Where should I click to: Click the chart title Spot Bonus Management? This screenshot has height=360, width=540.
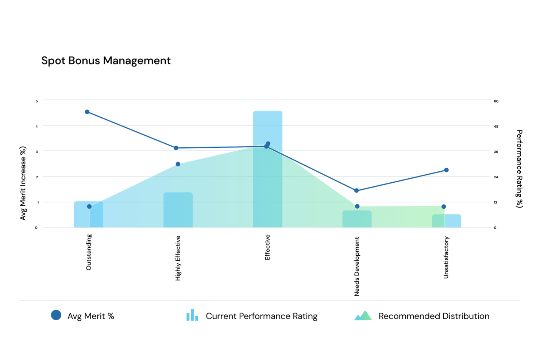click(x=106, y=61)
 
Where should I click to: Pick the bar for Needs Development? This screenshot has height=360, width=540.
click(x=357, y=219)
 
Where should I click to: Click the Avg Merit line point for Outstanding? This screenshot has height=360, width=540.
click(x=87, y=112)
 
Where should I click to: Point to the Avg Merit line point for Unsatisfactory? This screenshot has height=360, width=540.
click(x=446, y=170)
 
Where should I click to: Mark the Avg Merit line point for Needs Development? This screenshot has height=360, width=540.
click(x=356, y=190)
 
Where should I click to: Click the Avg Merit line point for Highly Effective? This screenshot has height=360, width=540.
click(x=176, y=148)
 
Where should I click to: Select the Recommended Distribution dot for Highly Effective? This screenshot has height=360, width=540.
click(x=178, y=164)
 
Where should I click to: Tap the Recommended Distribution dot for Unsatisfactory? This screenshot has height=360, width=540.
click(x=444, y=207)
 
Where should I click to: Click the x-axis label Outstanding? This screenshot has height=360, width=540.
click(x=89, y=252)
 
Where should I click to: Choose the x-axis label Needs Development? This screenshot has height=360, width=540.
click(x=357, y=266)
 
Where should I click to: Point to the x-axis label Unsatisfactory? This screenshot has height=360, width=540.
click(x=446, y=258)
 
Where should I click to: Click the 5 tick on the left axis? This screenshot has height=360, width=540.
click(x=36, y=101)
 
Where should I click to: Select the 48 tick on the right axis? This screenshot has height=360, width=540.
click(x=496, y=127)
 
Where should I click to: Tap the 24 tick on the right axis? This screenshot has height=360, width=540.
click(x=496, y=177)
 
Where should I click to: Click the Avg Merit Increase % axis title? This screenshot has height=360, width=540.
click(x=23, y=183)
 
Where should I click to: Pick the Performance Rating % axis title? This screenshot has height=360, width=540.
click(x=519, y=169)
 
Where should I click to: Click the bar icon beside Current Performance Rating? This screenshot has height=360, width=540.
click(x=192, y=316)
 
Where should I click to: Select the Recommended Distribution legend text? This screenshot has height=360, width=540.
click(x=434, y=316)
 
